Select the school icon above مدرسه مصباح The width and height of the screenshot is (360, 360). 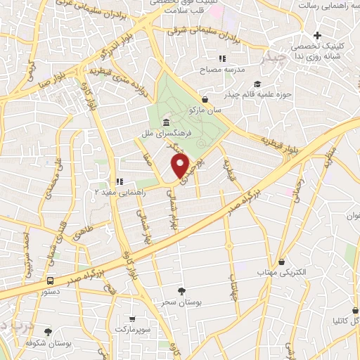[222, 58]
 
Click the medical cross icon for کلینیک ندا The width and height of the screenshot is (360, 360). [318, 35]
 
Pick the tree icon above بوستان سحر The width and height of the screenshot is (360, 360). [182, 290]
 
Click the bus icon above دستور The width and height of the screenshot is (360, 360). [49, 280]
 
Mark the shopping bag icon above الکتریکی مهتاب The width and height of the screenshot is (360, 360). [281, 262]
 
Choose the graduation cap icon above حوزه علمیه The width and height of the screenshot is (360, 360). [204, 98]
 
